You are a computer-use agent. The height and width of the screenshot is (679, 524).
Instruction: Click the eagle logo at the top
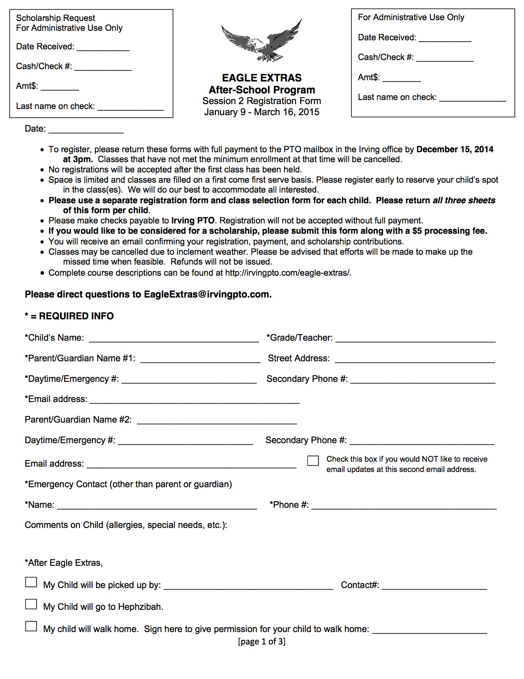click(x=262, y=41)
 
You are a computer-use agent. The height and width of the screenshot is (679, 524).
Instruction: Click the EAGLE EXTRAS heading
click(x=262, y=78)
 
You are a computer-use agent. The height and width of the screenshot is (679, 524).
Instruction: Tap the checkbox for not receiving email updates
click(x=313, y=460)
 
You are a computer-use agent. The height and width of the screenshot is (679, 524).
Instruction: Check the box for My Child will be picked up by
click(x=31, y=582)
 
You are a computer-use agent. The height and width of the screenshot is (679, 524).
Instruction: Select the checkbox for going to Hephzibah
click(x=31, y=604)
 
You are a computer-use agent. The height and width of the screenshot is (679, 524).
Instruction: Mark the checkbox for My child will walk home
click(x=31, y=626)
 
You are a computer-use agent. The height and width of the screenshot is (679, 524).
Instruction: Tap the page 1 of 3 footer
click(x=262, y=641)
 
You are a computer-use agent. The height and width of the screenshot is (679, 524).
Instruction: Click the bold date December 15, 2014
click(x=455, y=149)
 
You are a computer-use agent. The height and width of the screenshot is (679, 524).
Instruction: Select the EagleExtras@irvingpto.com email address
click(x=208, y=295)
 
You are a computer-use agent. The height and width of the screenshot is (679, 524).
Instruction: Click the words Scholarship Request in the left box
click(x=55, y=18)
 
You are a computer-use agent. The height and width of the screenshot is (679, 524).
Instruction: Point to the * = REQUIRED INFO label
click(x=69, y=316)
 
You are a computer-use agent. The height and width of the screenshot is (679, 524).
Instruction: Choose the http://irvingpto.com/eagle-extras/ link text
click(x=288, y=273)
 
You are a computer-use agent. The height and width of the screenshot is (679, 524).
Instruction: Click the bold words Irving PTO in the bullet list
click(x=193, y=221)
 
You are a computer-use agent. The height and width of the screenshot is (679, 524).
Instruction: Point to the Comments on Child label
click(x=126, y=525)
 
